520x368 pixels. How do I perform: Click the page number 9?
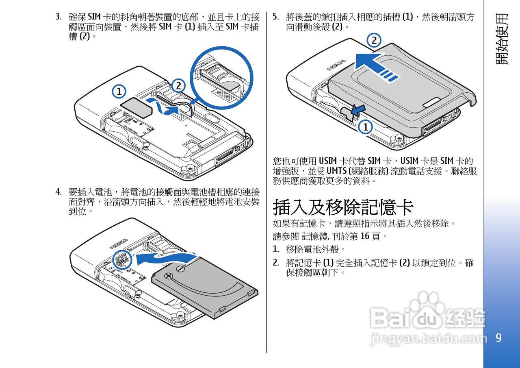coord(498,338)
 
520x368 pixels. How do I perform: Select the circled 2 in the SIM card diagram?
coord(178,86)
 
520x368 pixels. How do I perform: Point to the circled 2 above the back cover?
coord(374,40)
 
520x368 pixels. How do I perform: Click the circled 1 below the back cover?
coord(365,127)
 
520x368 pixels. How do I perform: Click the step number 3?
coord(58,17)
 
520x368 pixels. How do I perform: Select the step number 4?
coord(58,192)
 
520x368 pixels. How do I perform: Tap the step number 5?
coord(275,17)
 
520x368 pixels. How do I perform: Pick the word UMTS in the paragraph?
coord(336,171)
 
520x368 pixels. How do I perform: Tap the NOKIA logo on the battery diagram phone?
coord(119,244)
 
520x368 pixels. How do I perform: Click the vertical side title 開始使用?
coord(502,39)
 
